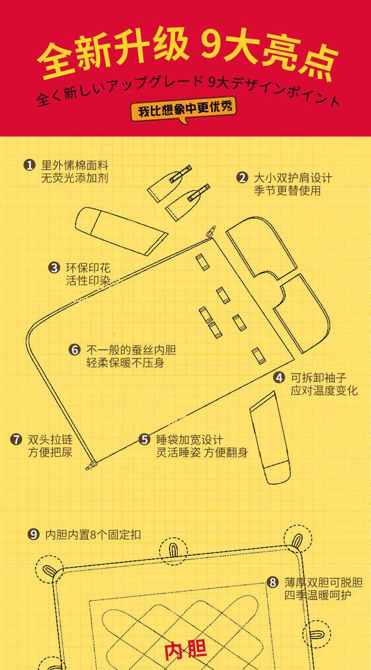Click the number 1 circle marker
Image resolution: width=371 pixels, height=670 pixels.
[30, 165]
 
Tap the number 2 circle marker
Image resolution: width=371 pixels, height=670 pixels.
[242, 178]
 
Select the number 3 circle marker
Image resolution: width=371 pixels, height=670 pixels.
[54, 268]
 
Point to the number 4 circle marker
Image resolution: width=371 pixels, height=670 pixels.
[279, 378]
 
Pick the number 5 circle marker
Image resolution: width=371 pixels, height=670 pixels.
[144, 440]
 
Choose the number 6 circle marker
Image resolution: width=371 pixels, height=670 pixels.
[75, 350]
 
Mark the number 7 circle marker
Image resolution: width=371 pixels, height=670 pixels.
[16, 440]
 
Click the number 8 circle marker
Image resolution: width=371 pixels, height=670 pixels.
[273, 582]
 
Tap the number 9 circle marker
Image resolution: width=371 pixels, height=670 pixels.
[33, 535]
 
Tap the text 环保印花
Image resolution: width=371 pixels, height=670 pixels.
[88, 268]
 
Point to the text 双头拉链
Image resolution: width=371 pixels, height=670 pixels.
[50, 440]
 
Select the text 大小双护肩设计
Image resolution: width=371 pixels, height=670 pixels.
[292, 178]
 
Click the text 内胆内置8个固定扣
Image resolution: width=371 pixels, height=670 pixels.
[93, 535]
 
